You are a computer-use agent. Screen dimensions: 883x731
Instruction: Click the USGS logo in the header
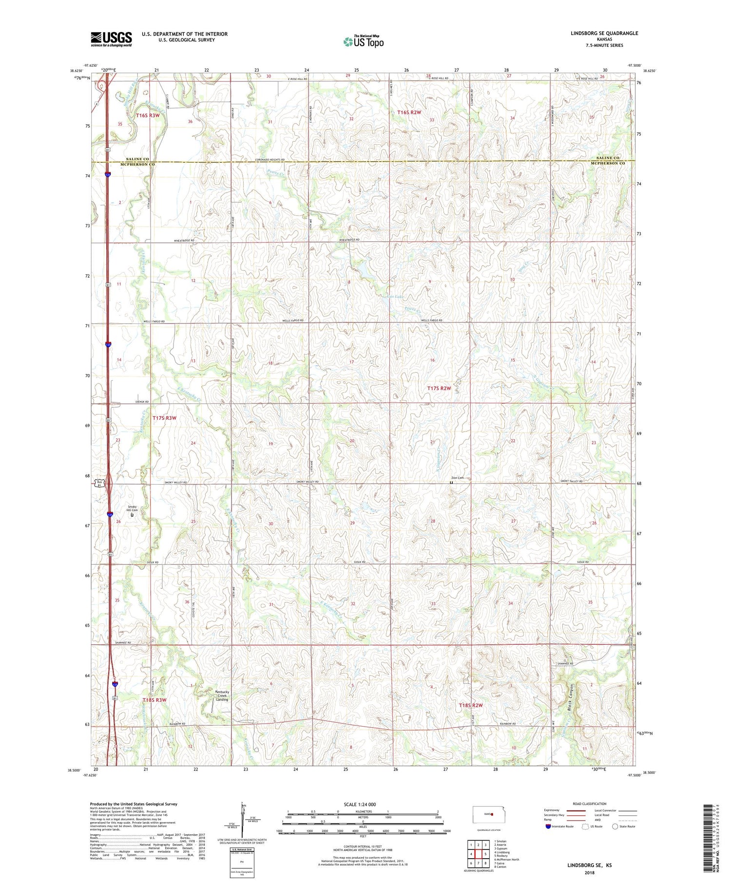click(111, 39)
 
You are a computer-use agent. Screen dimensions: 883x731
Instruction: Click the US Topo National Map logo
click(364, 41)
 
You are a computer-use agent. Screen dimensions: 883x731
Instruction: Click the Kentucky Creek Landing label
click(222, 695)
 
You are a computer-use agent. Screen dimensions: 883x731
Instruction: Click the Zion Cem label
click(457, 478)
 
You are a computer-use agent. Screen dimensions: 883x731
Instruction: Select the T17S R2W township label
click(439, 388)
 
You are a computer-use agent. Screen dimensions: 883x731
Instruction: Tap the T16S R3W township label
click(148, 115)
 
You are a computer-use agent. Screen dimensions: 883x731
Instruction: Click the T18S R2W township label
click(470, 705)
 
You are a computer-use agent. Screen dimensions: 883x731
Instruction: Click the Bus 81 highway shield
click(99, 483)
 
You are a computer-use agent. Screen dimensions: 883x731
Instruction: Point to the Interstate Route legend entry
click(559, 827)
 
